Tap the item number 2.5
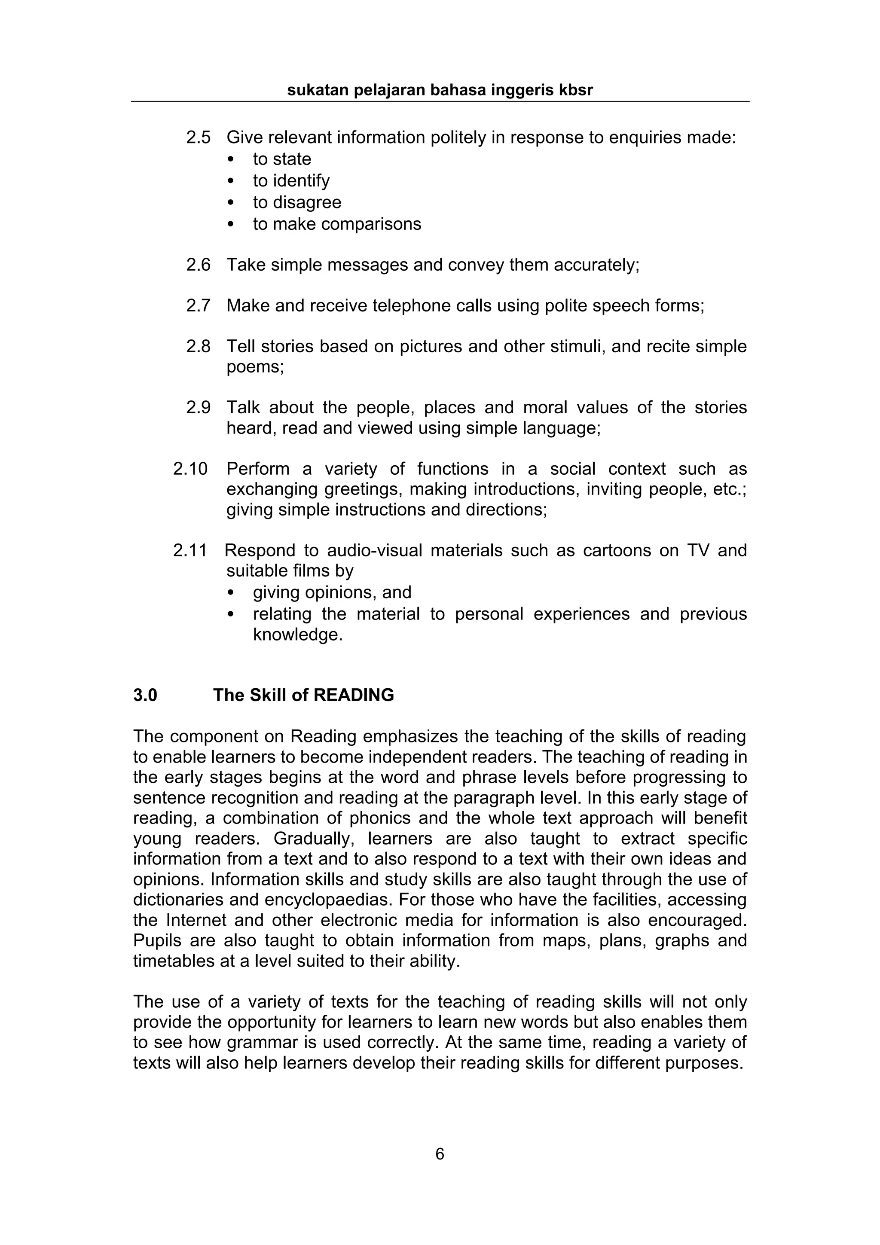pyautogui.click(x=198, y=138)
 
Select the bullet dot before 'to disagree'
pyautogui.click(x=232, y=203)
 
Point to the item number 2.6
pyautogui.click(x=198, y=265)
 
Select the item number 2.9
pyautogui.click(x=198, y=408)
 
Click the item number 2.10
pyautogui.click(x=190, y=469)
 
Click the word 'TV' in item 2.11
pyautogui.click(x=698, y=550)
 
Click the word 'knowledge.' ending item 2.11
pyautogui.click(x=298, y=635)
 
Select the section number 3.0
pyautogui.click(x=145, y=695)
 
